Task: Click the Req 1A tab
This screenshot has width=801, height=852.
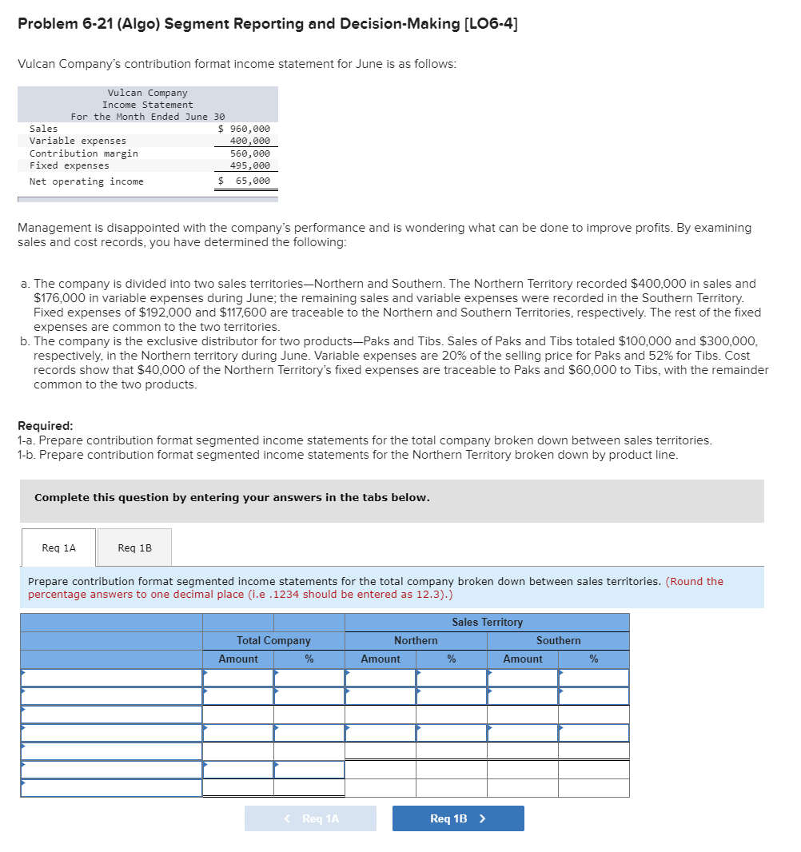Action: click(58, 547)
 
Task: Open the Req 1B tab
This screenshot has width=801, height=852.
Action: click(134, 547)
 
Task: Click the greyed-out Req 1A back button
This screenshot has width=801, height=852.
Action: click(310, 818)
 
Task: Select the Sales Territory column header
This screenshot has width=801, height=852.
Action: click(487, 622)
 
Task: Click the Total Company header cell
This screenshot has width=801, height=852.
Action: click(273, 640)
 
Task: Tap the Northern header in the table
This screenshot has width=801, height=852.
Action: click(416, 640)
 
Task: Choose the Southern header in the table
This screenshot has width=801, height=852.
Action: click(558, 640)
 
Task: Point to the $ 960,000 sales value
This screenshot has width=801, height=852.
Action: click(245, 129)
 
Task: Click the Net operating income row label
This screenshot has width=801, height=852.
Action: click(86, 181)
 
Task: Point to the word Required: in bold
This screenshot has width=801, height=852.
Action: click(45, 426)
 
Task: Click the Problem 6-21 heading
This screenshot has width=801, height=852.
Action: click(267, 23)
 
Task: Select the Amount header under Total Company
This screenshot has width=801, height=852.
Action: click(238, 659)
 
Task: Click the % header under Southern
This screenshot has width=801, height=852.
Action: click(593, 659)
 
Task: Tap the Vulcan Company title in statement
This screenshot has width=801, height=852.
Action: click(147, 93)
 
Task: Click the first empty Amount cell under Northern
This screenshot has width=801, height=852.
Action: click(381, 678)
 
